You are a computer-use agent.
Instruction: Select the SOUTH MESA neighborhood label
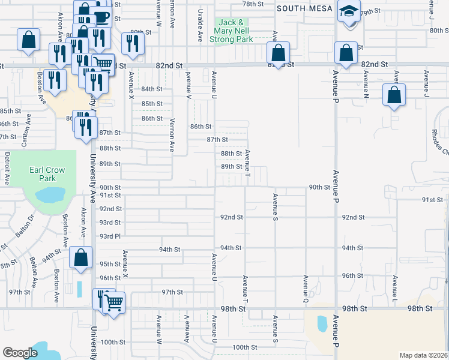[x=300, y=8]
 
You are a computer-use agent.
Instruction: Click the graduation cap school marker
[x=348, y=12]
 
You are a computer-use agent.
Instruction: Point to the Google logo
[x=20, y=353]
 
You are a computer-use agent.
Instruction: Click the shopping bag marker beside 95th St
[x=81, y=259]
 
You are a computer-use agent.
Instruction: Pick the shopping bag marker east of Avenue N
[x=393, y=95]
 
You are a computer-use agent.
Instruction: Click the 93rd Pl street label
[x=110, y=236]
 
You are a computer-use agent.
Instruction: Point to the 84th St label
[x=152, y=89]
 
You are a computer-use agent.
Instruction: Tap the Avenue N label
[x=365, y=85]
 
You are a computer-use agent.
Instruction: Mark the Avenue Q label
[x=306, y=289]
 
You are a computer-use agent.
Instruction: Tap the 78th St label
[x=253, y=4]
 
